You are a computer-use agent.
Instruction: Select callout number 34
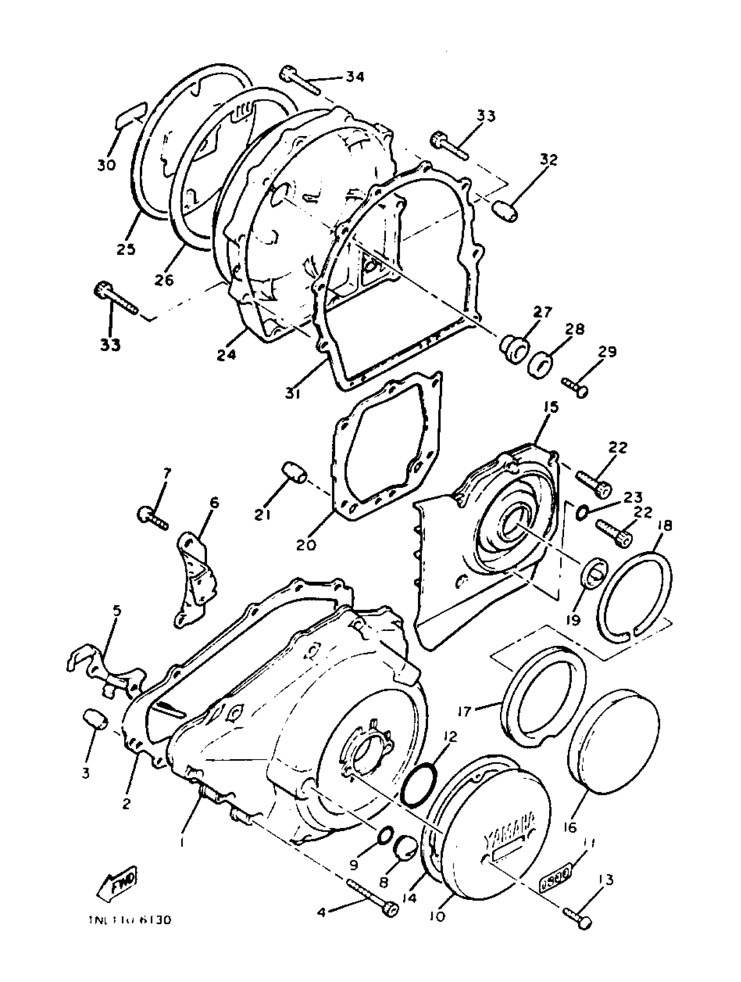coord(354,77)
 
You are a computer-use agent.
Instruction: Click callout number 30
coord(106,165)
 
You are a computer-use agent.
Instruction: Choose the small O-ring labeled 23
coord(582,513)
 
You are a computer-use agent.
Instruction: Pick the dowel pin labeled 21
coord(295,473)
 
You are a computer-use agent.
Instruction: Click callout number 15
coord(549,408)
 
